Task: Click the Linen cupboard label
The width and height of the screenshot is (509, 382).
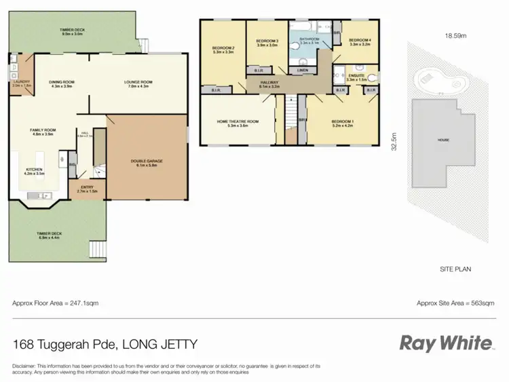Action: pos(302,70)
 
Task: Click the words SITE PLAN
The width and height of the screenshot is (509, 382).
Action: pos(455,269)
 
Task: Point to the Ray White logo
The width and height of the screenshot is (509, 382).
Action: pos(446,343)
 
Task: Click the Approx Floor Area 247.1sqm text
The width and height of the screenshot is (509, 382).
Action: pos(56,303)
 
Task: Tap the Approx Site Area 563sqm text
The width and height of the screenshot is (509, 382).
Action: pos(455,303)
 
